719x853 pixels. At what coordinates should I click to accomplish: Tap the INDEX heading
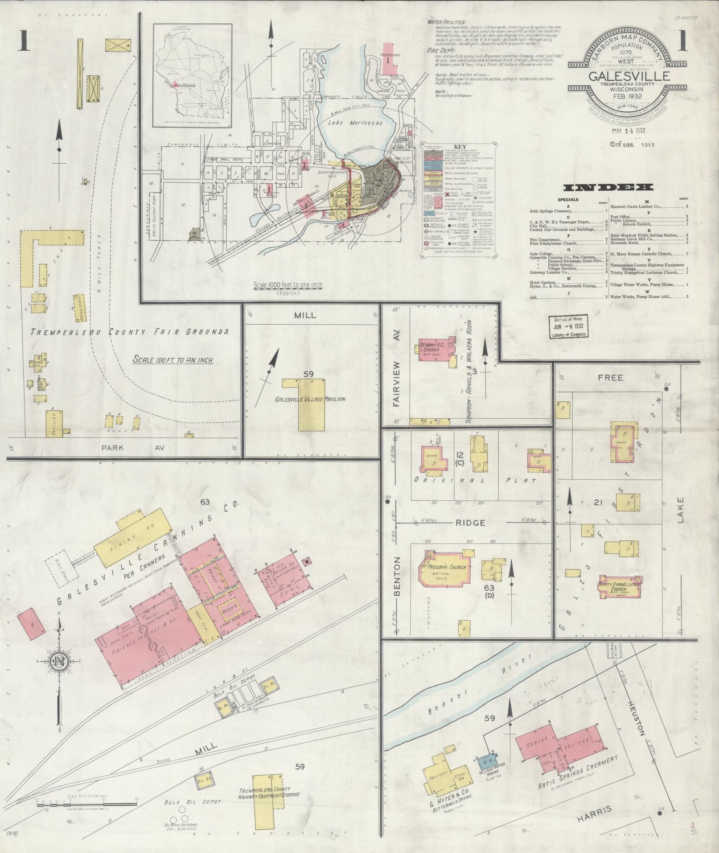tap(608, 187)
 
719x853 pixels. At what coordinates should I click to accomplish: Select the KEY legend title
tap(459, 146)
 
